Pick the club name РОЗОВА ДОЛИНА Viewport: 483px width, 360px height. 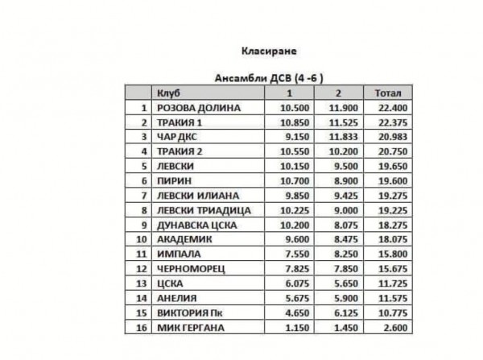tap(198, 108)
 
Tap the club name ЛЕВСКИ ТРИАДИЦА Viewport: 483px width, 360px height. tap(204, 209)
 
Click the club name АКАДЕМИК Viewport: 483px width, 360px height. tap(184, 238)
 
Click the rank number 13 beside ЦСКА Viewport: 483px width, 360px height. tap(142, 283)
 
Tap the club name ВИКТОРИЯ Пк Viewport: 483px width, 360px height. tap(192, 312)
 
